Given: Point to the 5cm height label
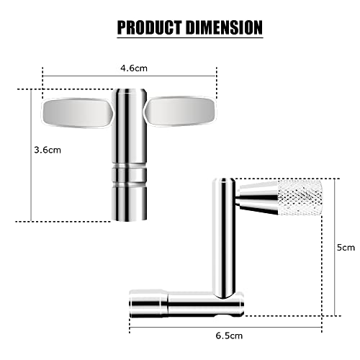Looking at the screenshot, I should tap(347, 247).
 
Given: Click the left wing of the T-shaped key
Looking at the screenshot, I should tap(76, 111).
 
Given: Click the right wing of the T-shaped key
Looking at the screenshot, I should tap(181, 111).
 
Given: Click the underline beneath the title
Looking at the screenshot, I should tap(189, 37).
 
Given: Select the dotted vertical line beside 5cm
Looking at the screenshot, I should tap(333, 247).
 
